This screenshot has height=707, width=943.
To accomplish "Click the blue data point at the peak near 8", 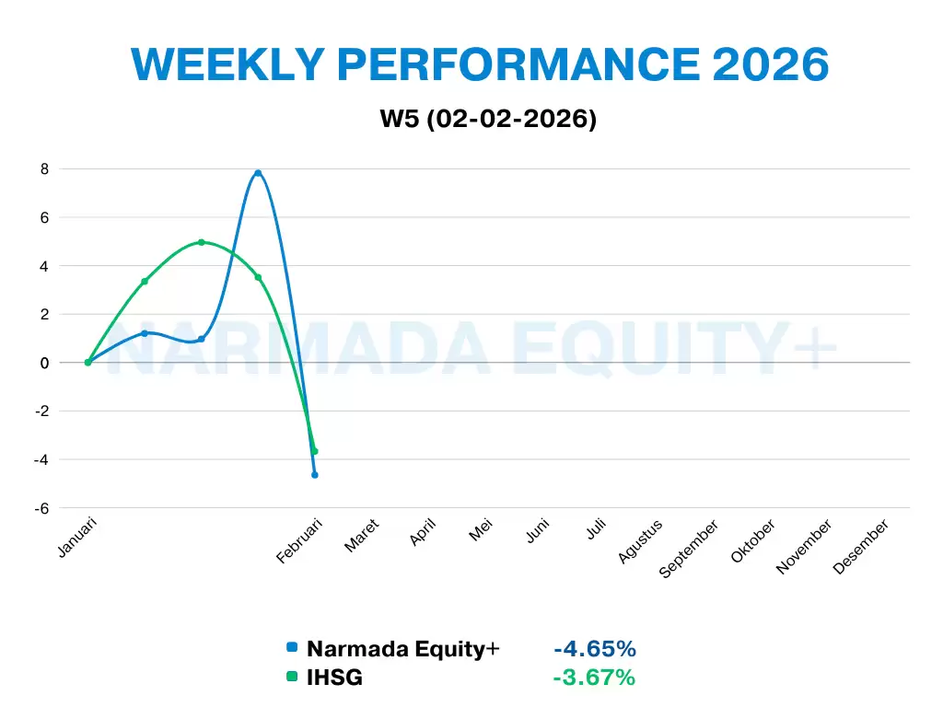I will pos(258,173).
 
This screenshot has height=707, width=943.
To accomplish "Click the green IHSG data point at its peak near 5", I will pos(201,242).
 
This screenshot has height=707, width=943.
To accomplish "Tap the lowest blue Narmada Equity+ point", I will pos(314,475).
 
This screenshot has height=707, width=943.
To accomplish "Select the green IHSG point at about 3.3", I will pos(145,281).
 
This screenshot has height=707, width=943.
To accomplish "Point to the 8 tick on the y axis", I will pos(43,169).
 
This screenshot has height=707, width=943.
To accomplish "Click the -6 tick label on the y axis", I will pos(40,508).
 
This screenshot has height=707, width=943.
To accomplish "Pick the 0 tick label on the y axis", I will pos(43,363).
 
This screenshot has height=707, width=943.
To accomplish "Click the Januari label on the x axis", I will pos(77,539).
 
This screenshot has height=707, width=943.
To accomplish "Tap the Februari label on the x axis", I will pos(300,542).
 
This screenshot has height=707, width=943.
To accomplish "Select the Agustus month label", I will pos(641,542).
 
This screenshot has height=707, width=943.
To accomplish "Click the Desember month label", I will pos(861,547).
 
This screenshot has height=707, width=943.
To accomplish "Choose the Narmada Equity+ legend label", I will pos(402,649).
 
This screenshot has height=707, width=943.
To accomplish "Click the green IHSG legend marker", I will pos(292,678).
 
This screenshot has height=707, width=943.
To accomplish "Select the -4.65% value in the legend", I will pos(595,649).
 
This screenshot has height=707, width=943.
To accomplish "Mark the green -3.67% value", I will pos(594,678).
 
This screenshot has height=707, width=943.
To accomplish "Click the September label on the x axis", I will pos(689,550).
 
